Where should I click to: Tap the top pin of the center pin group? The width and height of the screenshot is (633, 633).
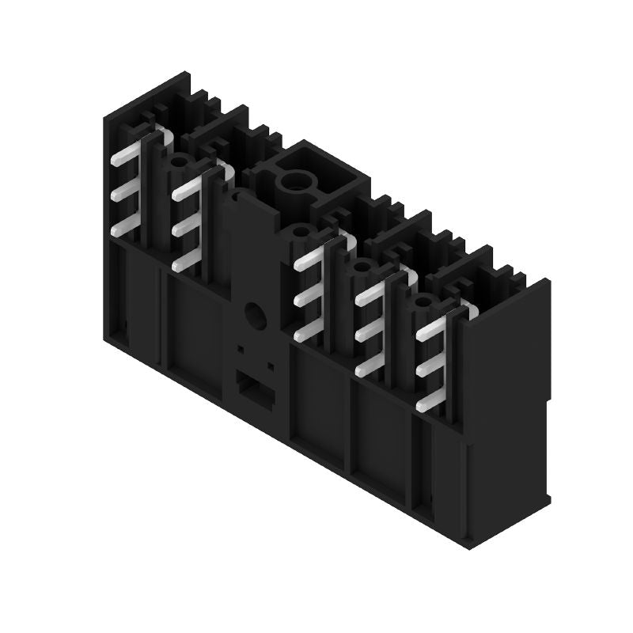307,263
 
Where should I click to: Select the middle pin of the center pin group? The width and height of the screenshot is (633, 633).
307,299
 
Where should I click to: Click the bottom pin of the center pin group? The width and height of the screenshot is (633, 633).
307,334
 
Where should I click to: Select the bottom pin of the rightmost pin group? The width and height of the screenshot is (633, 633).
430,401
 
